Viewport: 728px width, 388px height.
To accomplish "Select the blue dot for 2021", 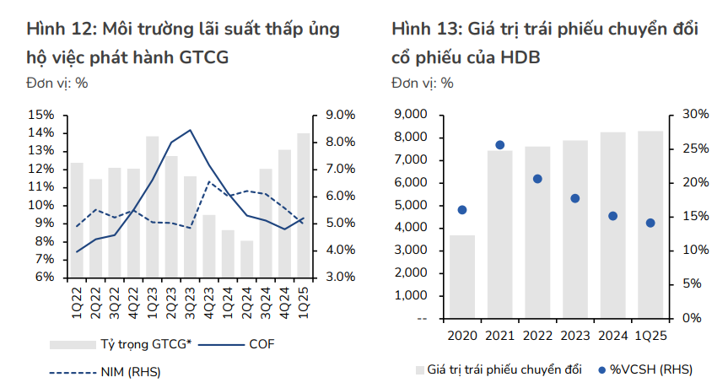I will pyautogui.click(x=499, y=145).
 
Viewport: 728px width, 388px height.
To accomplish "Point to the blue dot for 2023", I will pyautogui.click(x=575, y=198).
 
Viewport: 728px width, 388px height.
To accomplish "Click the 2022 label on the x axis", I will pyautogui.click(x=537, y=336).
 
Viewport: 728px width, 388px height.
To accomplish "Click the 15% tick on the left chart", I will pyautogui.click(x=41, y=115).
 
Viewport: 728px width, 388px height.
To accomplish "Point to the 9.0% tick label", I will pyautogui.click(x=341, y=115).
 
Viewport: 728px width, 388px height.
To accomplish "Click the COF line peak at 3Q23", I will pyautogui.click(x=190, y=130).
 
